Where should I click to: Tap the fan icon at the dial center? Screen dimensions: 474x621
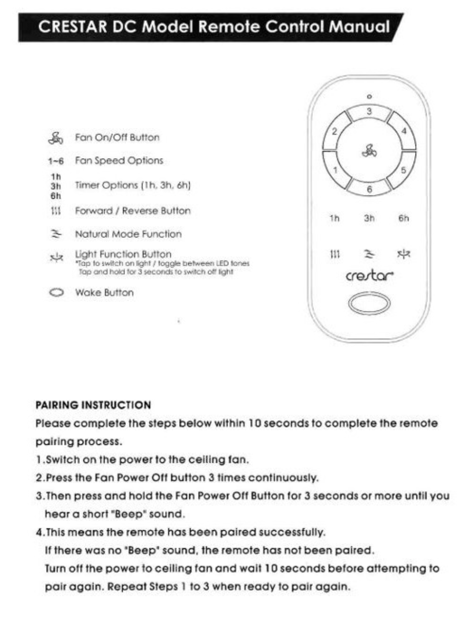click(x=369, y=151)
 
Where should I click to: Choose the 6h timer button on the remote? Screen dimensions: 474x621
click(x=404, y=218)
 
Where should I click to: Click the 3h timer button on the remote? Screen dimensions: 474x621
click(x=369, y=218)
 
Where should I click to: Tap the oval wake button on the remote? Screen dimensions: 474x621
click(x=369, y=304)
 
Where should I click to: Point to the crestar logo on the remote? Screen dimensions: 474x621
click(x=369, y=276)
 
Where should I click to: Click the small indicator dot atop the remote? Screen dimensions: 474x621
click(x=369, y=97)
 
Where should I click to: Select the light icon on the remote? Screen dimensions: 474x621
click(x=404, y=254)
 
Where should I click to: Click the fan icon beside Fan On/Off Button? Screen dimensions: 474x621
click(x=56, y=138)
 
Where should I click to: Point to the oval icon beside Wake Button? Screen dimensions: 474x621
click(x=56, y=292)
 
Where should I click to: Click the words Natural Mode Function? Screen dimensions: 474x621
click(x=128, y=234)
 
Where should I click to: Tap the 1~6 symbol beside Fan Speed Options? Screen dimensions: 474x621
click(x=56, y=162)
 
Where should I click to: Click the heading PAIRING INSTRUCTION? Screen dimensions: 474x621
click(x=93, y=405)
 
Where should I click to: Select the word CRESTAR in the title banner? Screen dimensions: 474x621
click(x=73, y=27)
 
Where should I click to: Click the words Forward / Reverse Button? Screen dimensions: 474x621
click(x=133, y=211)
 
